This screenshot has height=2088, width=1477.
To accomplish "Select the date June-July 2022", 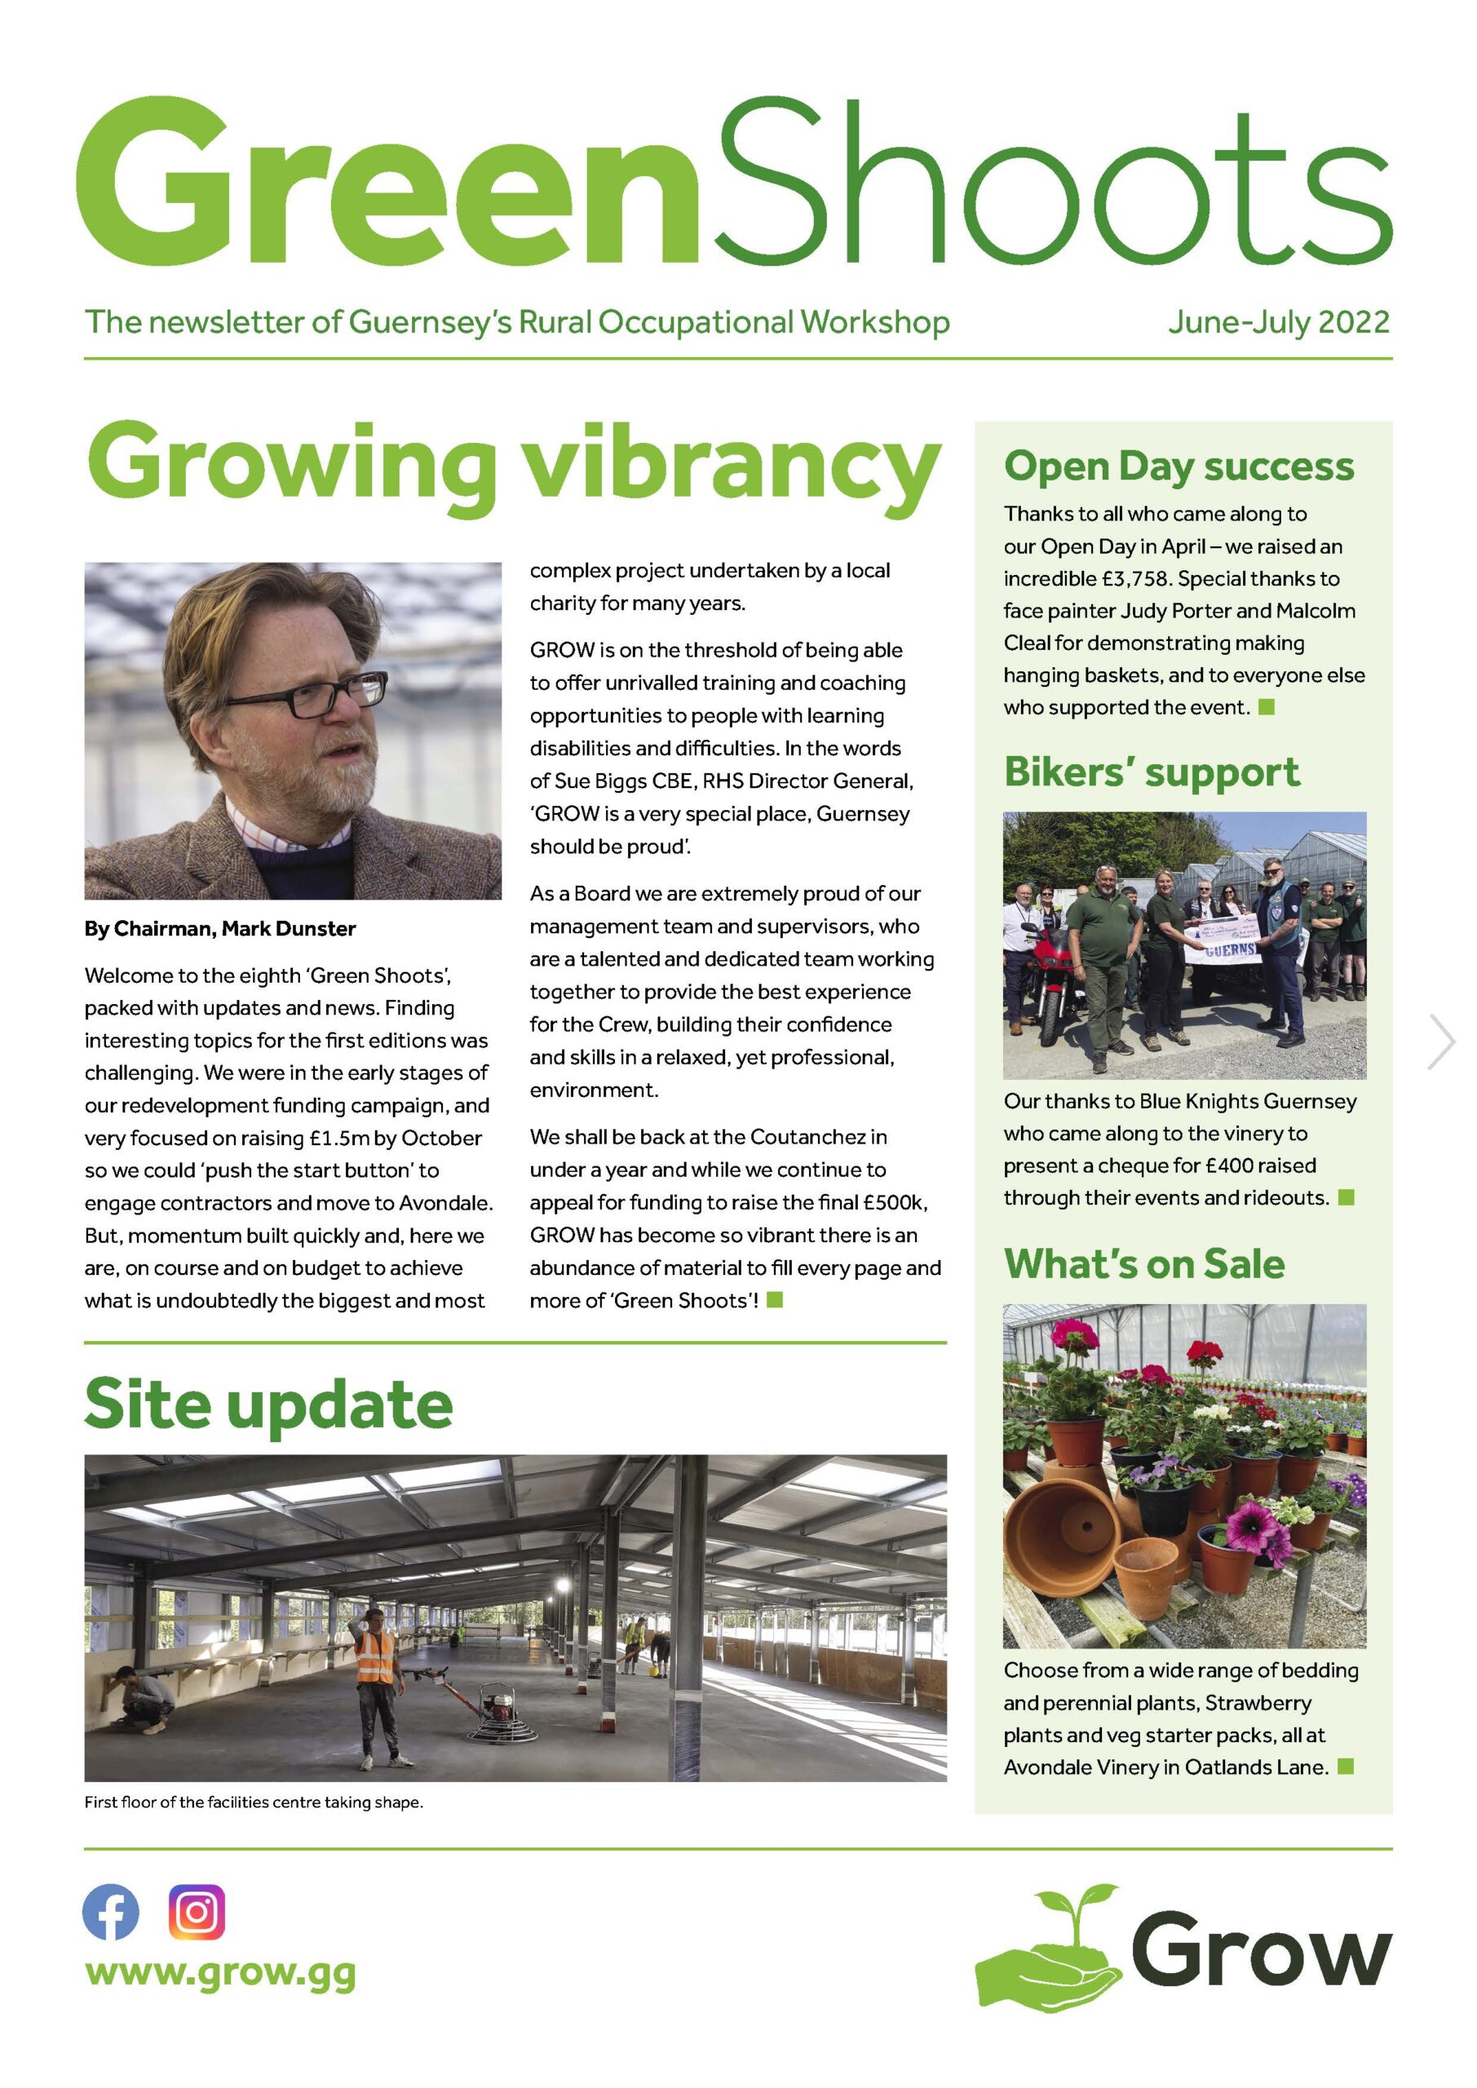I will tap(1279, 322).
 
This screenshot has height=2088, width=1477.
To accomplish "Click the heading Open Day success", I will tap(1179, 466).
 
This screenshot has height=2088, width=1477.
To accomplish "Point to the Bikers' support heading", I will tap(1152, 772).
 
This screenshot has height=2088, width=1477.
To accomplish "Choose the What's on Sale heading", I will tap(1144, 1263).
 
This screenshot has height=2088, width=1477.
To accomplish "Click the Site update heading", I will tap(268, 1405).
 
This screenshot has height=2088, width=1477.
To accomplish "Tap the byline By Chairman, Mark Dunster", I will tap(220, 928).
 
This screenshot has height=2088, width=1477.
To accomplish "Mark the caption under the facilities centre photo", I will tap(254, 1802).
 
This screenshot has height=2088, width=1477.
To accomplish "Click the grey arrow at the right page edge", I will tap(1444, 1042).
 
